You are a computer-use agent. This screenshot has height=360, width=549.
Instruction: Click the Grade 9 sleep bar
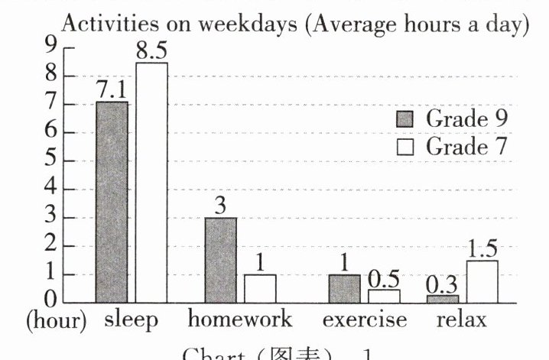112,202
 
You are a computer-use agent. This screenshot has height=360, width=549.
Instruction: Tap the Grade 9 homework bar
220,260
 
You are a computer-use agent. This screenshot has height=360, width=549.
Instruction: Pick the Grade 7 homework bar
260,288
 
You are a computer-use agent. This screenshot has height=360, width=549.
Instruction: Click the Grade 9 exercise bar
344,288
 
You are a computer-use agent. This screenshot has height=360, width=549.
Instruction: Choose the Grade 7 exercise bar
384,295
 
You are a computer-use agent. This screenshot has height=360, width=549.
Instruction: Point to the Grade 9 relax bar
443,298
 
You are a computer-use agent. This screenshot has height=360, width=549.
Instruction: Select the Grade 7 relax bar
482,281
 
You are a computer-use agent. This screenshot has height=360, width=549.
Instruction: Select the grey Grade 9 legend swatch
405,119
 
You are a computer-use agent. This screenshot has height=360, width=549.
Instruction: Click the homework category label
240,319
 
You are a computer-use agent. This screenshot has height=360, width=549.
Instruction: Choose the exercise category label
364,319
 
